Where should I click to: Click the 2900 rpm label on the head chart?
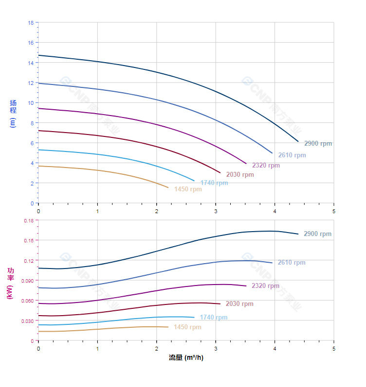pyautogui.click(x=318, y=144)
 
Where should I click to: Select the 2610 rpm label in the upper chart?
pyautogui.click(x=292, y=155)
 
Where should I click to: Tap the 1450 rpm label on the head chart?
pyautogui.click(x=188, y=189)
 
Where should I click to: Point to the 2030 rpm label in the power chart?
pyautogui.click(x=239, y=304)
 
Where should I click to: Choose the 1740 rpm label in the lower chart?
pyautogui.click(x=213, y=318)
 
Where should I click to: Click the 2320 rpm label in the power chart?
pyautogui.click(x=265, y=286)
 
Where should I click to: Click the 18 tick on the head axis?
pyautogui.click(x=31, y=23)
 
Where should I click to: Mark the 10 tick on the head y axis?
pyautogui.click(x=31, y=103)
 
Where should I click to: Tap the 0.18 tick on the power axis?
pyautogui.click(x=29, y=220)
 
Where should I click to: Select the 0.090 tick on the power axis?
pyautogui.click(x=28, y=281)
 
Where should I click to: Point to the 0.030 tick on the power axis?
pyautogui.click(x=28, y=321)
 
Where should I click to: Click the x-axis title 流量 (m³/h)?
pyautogui.click(x=186, y=358)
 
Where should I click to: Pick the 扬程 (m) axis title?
pyautogui.click(x=13, y=113)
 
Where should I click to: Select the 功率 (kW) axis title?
pyautogui.click(x=10, y=283)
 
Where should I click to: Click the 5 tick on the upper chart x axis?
pyautogui.click(x=334, y=211)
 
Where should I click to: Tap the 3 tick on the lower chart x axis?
pyautogui.click(x=216, y=349)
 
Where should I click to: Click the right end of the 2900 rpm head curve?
pyautogui.click(x=298, y=141)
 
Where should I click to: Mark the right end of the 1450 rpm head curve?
pyautogui.click(x=168, y=187)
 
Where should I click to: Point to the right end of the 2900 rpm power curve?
pyautogui.click(x=298, y=234)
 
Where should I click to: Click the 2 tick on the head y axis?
pyautogui.click(x=32, y=184)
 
